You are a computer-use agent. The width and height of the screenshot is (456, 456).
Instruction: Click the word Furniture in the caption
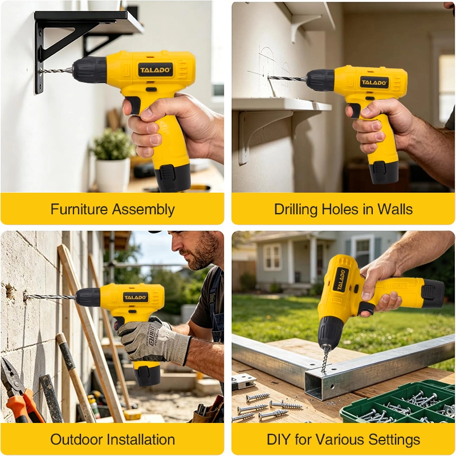(x=79, y=209)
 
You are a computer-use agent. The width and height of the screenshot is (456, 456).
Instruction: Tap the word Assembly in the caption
(x=144, y=210)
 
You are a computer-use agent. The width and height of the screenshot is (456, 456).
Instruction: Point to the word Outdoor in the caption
(x=76, y=439)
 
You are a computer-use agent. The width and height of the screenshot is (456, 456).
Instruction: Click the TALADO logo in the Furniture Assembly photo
(x=155, y=70)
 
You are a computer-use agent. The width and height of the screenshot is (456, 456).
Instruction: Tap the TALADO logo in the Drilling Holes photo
(x=374, y=82)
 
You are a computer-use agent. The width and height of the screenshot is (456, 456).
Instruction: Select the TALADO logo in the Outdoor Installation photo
(x=136, y=297)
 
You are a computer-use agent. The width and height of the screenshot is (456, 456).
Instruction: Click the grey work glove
(x=154, y=341)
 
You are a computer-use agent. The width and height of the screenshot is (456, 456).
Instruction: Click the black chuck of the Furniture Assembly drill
(x=89, y=70)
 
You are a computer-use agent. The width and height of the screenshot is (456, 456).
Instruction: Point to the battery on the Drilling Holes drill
(x=383, y=172)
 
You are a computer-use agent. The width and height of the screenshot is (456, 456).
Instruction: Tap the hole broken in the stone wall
(x=11, y=293)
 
